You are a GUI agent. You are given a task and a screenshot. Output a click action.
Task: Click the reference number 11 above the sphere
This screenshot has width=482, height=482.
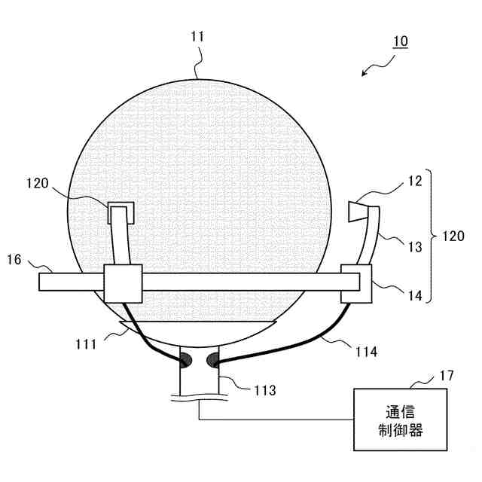pos(198,35)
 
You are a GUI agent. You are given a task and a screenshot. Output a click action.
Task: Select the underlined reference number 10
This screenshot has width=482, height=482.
pos(399,41)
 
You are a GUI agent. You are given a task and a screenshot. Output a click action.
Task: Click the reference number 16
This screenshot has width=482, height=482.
pos(14,260)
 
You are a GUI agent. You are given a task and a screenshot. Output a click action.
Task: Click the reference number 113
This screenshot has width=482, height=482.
pos(265,390)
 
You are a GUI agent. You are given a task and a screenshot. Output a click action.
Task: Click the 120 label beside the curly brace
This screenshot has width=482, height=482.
pos(453,236)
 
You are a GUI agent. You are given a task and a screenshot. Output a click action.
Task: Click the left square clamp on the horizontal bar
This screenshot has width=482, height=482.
pos(122,283)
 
